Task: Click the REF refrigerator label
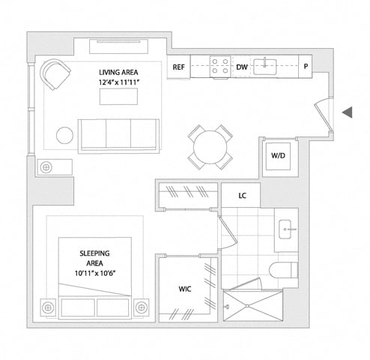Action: coord(179,67)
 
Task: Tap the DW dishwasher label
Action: coord(242,67)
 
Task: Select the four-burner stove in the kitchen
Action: coord(220,66)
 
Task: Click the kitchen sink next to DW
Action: coord(265,67)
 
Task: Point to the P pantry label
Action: coord(306,67)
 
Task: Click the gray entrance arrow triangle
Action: coord(348,112)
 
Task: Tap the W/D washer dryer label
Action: coord(278,155)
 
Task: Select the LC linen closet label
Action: coord(242,196)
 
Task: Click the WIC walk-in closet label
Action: coord(185,289)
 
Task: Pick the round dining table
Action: coord(210,147)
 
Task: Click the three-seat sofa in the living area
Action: coord(118,136)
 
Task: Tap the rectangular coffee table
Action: coord(118,97)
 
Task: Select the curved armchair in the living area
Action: coord(55,73)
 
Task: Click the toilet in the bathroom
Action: coord(284,270)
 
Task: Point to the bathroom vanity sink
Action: coord(285,229)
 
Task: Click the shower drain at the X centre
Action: coord(247,306)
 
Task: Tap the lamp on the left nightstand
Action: coord(48,307)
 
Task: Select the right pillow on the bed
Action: coord(113,307)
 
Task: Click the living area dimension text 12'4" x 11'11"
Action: coord(118,82)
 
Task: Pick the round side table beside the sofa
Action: coord(64,135)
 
